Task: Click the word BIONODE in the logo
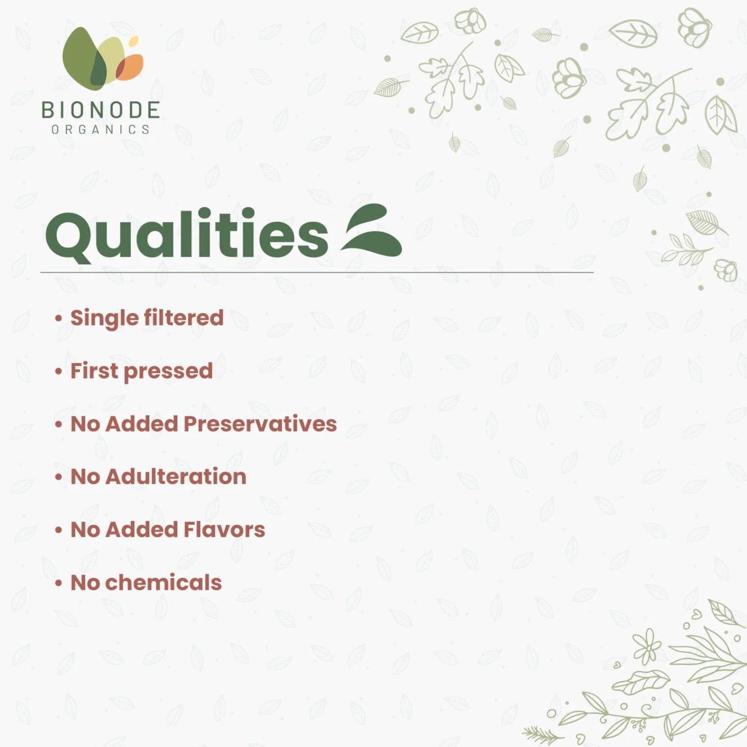pyautogui.click(x=100, y=110)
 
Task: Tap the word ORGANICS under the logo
pyautogui.click(x=100, y=129)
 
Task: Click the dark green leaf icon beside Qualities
pyautogui.click(x=372, y=231)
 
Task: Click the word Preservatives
pyautogui.click(x=260, y=424)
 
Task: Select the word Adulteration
pyautogui.click(x=176, y=477)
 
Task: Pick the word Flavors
pyautogui.click(x=224, y=530)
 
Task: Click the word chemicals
pyautogui.click(x=163, y=583)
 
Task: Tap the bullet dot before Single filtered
pyautogui.click(x=58, y=318)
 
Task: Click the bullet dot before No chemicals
pyautogui.click(x=58, y=583)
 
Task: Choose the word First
pyautogui.click(x=94, y=371)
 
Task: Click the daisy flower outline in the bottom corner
pyautogui.click(x=647, y=646)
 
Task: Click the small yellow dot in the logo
pyautogui.click(x=134, y=40)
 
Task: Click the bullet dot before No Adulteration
pyautogui.click(x=58, y=477)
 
